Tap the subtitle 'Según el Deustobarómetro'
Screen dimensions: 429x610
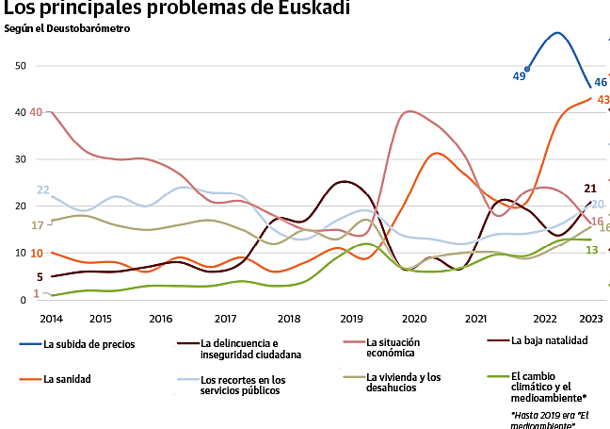click(x=67, y=28)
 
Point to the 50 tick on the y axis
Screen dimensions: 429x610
click(x=21, y=66)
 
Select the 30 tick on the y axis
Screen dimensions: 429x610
click(x=21, y=159)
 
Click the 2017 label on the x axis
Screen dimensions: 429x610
click(x=226, y=319)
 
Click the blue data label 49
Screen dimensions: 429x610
click(x=519, y=75)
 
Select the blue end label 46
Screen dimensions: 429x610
click(x=601, y=83)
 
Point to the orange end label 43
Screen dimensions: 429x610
click(x=603, y=100)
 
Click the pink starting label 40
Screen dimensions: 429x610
click(x=36, y=112)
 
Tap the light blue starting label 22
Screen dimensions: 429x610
click(x=42, y=190)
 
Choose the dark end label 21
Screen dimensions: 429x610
click(x=591, y=189)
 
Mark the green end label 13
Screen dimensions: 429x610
click(x=592, y=250)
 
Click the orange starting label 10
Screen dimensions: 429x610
click(x=36, y=253)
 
